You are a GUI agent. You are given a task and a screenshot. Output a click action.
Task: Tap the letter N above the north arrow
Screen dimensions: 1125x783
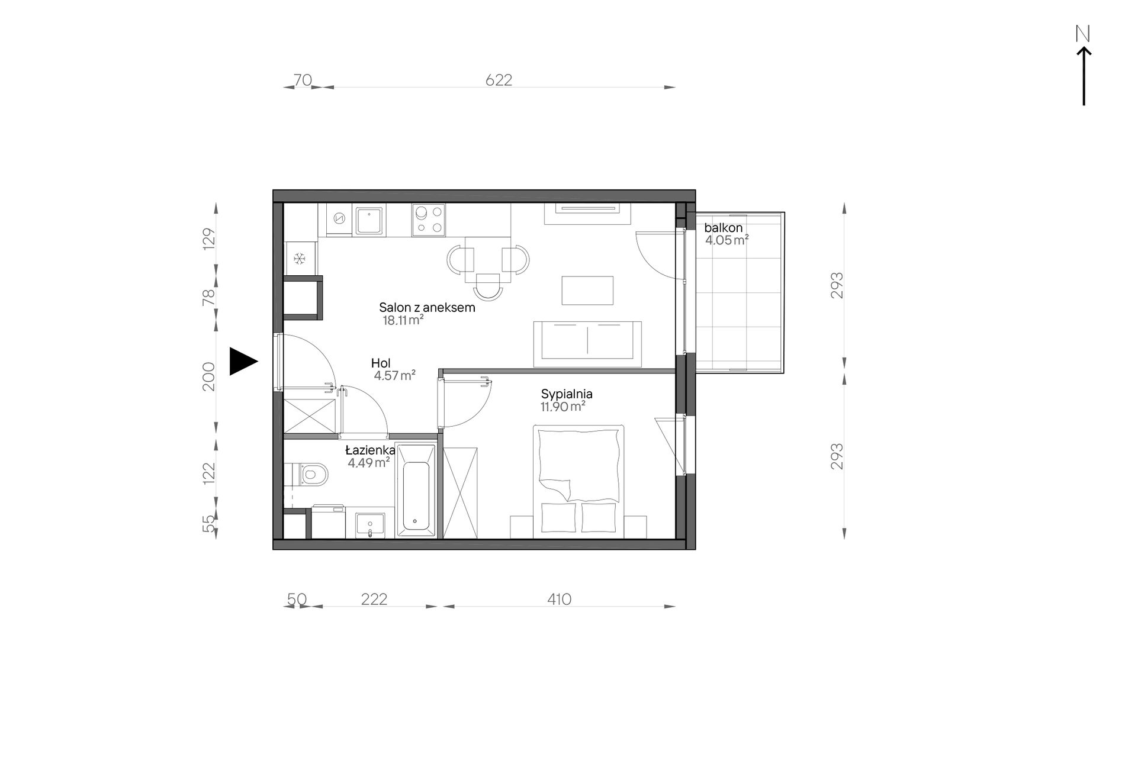1083,34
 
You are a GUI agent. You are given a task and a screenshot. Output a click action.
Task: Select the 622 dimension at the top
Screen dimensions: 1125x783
499,80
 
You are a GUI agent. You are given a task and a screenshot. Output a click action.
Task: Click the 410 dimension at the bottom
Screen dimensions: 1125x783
559,600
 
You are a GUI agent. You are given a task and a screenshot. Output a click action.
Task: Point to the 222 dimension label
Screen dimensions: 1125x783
374,600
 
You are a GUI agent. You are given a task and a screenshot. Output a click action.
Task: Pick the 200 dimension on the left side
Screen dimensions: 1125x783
209,376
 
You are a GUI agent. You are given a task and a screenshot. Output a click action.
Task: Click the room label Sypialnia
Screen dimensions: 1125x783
567,394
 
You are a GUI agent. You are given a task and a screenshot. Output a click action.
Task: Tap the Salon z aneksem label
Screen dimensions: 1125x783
427,308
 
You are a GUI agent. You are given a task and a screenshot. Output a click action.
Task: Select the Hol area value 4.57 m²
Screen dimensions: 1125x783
394,375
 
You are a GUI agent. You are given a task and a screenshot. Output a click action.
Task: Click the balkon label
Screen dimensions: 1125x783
723,228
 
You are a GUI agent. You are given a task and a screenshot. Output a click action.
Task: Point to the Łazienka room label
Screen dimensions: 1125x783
370,451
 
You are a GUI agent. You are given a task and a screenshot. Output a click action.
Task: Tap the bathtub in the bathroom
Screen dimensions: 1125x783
416,491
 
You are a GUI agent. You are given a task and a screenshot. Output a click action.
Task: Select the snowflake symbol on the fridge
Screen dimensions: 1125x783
300,259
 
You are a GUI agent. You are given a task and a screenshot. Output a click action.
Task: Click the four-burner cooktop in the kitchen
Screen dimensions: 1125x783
429,220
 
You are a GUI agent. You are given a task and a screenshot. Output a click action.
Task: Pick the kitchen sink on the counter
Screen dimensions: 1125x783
370,220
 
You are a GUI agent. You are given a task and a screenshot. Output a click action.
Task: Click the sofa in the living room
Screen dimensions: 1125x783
587,344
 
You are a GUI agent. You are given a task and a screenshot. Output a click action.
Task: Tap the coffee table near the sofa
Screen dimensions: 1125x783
587,290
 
